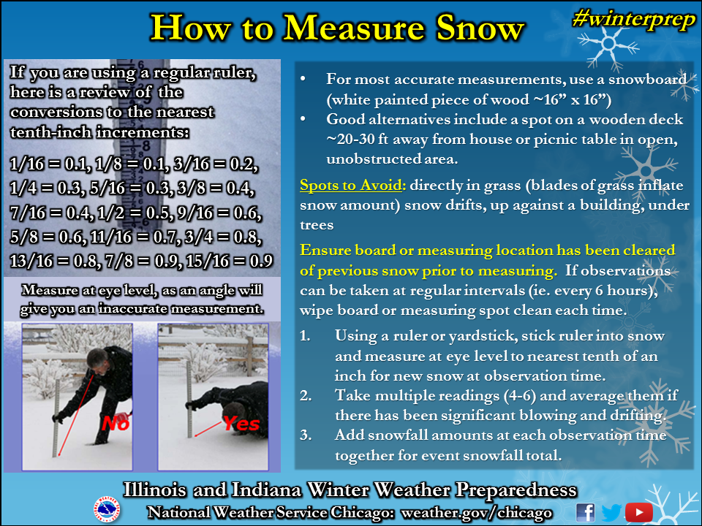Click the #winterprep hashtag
[x=634, y=20]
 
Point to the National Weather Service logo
[x=107, y=509]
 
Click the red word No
[x=116, y=423]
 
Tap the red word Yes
[x=242, y=423]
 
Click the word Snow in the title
[x=480, y=28]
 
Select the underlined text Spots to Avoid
[x=351, y=185]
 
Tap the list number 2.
[x=306, y=396]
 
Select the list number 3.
[x=306, y=435]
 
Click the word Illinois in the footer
[x=155, y=489]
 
